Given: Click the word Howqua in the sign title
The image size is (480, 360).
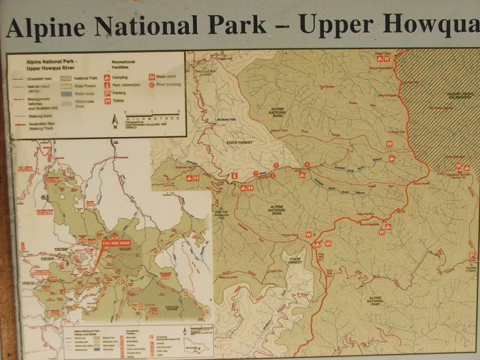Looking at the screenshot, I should click(x=431, y=25).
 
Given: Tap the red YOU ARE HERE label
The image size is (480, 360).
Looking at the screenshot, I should click(x=116, y=243).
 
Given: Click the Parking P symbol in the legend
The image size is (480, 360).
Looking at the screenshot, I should click(x=107, y=93).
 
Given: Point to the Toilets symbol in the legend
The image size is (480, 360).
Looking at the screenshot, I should click(x=107, y=101).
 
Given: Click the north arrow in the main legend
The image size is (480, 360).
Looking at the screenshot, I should click(x=115, y=122).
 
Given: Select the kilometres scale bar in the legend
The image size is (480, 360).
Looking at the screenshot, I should click(x=152, y=113).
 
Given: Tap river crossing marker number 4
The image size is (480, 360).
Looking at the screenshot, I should click(x=307, y=164).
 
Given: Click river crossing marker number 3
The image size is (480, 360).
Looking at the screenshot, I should click(x=276, y=165).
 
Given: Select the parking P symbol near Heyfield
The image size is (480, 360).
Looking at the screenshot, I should click(x=472, y=256).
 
